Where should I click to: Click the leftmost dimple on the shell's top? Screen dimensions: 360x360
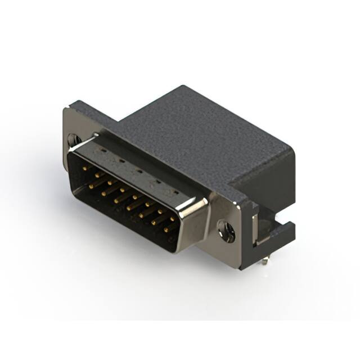click(x=102, y=150)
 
